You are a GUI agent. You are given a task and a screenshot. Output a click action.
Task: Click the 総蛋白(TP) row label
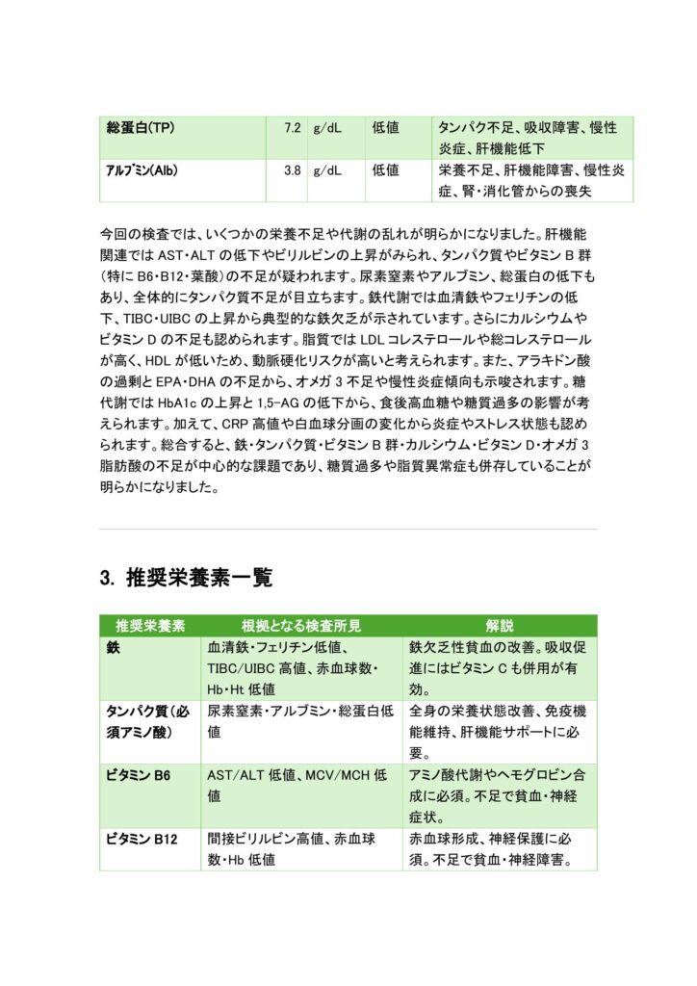[x=140, y=128]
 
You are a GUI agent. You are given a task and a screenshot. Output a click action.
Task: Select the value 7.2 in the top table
[x=293, y=128]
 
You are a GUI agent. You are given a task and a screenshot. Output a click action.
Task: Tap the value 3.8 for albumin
[x=293, y=170]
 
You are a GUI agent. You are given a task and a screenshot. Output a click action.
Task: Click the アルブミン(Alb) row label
[x=141, y=170]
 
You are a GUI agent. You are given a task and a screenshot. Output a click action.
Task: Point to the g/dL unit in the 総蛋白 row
[x=327, y=128]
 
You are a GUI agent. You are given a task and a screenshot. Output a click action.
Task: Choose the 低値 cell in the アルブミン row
[x=385, y=170]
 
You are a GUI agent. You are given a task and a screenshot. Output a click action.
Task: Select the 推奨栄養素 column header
[x=151, y=625]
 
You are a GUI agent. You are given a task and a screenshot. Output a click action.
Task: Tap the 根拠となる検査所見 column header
[x=301, y=625]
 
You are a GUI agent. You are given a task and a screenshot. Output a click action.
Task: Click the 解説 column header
[x=500, y=625]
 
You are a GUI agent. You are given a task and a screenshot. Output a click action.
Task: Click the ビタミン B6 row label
[x=141, y=775]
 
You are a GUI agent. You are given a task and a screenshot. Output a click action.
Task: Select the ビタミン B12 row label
[x=143, y=840]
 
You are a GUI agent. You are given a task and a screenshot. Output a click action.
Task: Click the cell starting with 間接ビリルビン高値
[x=300, y=849]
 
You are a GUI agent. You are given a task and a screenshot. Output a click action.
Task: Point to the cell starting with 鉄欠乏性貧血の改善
[x=499, y=667]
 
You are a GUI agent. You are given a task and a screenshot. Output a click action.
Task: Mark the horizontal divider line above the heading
[x=348, y=529]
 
